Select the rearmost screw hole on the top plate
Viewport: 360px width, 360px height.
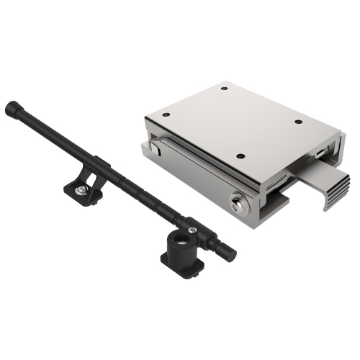click(x=224, y=89)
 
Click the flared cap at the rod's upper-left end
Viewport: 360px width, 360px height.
click(x=11, y=109)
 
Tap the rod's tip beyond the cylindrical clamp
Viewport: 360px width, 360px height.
click(x=228, y=251)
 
